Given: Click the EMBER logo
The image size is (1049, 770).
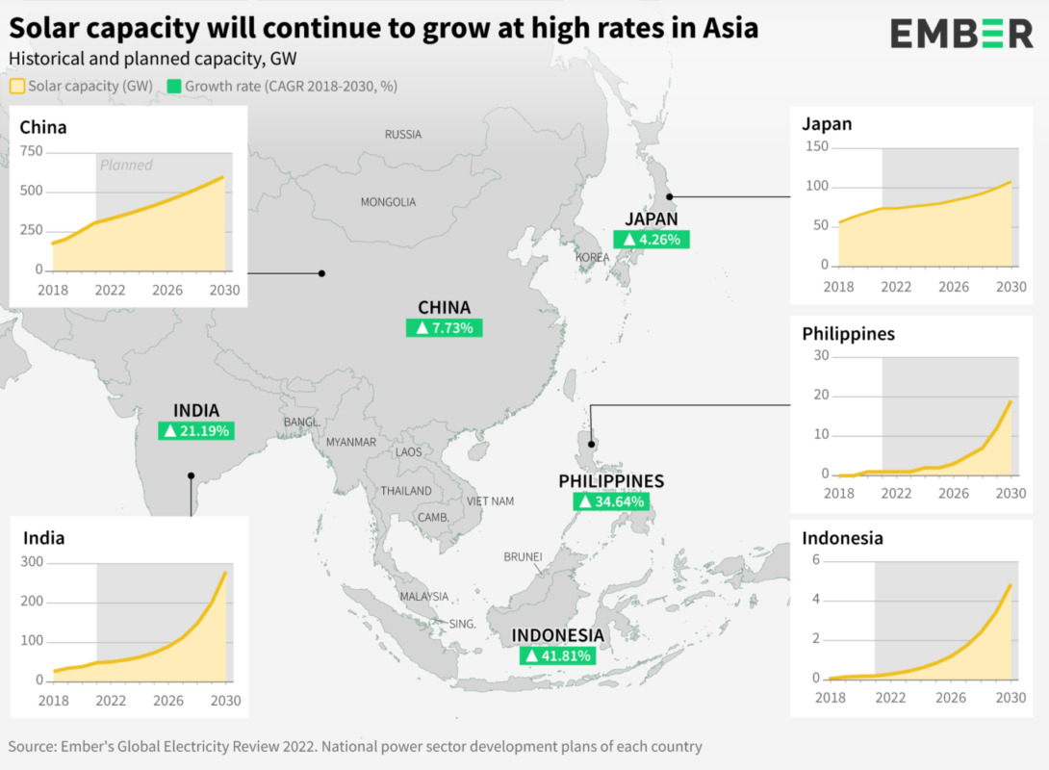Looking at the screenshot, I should (x=960, y=34).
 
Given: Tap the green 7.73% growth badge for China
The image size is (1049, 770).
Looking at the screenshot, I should (x=444, y=328).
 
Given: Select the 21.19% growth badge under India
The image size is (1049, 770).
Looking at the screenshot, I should (x=196, y=431).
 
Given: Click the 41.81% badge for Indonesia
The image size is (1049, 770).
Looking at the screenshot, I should (x=557, y=656).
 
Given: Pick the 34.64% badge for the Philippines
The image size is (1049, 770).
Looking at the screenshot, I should (x=611, y=501).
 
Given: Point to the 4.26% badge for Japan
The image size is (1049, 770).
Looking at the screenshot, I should (x=652, y=240).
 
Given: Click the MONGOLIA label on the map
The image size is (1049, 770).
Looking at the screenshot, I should (x=388, y=202).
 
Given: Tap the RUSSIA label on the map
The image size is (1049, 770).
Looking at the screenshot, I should (x=403, y=135).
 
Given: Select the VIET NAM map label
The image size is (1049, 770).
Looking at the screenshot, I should (x=491, y=501).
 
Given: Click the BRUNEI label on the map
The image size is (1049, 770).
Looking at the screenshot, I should (x=523, y=557).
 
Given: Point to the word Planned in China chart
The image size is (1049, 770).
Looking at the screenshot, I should (x=126, y=166).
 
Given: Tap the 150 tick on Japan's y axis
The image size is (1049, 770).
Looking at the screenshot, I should (x=817, y=146).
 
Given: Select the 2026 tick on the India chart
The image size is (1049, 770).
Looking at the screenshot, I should (x=167, y=701).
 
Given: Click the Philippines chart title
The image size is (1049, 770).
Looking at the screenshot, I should (x=848, y=334).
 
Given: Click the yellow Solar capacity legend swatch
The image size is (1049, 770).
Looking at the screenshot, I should (x=16, y=86).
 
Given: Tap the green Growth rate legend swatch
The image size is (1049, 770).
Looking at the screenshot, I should (x=173, y=86).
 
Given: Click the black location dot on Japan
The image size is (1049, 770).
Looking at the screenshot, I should (x=670, y=196).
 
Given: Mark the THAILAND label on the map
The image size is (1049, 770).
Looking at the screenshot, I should (x=406, y=491).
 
